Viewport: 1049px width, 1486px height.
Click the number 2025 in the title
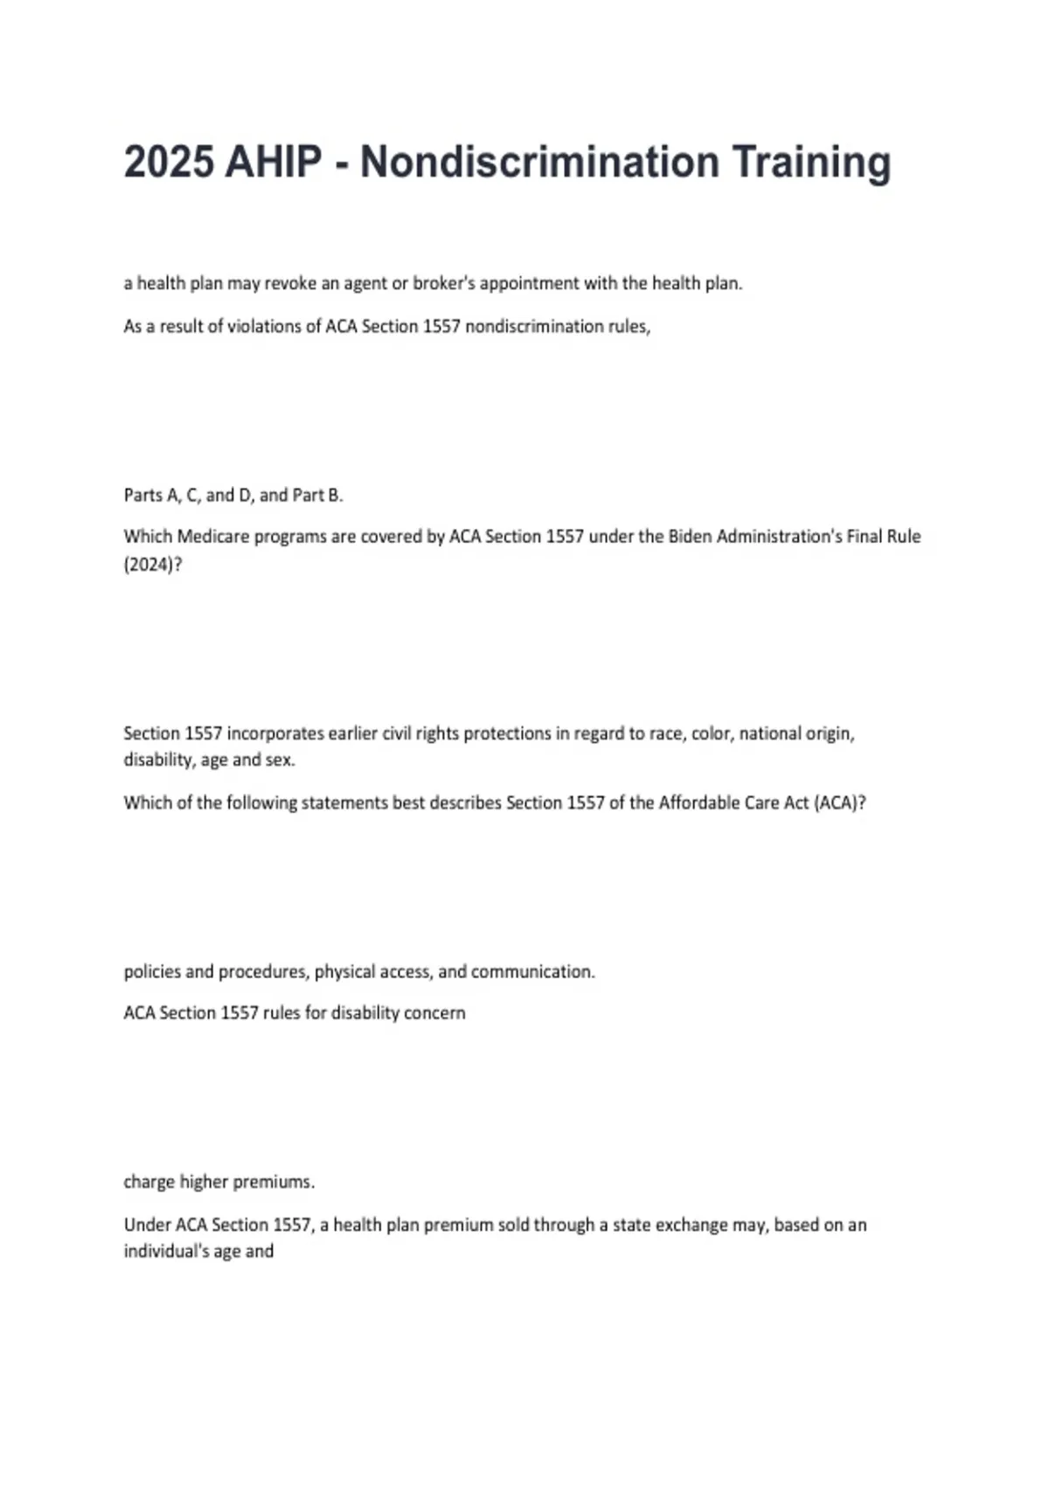pyautogui.click(x=169, y=163)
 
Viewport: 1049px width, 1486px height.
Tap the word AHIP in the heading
pyautogui.click(x=273, y=163)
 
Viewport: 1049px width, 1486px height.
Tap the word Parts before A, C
pyautogui.click(x=142, y=495)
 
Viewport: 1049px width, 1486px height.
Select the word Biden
pyautogui.click(x=691, y=537)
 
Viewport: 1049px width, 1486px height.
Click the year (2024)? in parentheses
pyautogui.click(x=153, y=565)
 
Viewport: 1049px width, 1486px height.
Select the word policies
pyautogui.click(x=152, y=971)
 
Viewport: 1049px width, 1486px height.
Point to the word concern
pyautogui.click(x=434, y=1013)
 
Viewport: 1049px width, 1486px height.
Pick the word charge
pyautogui.click(x=149, y=1182)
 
